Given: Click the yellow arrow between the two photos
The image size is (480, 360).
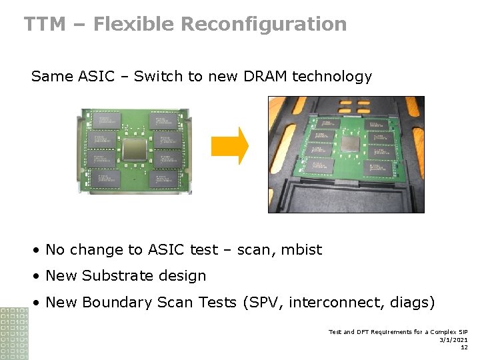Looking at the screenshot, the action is click(x=229, y=145).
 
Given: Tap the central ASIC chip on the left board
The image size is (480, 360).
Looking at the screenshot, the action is click(x=135, y=149).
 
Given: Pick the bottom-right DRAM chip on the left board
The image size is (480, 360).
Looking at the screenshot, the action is click(x=165, y=178).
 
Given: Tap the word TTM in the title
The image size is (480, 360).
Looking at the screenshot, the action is click(x=45, y=25).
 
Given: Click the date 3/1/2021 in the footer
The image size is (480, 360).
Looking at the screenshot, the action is click(x=454, y=339).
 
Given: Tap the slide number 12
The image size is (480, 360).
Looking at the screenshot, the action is click(x=463, y=347).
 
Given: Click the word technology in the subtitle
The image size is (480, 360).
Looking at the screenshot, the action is click(x=330, y=77).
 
